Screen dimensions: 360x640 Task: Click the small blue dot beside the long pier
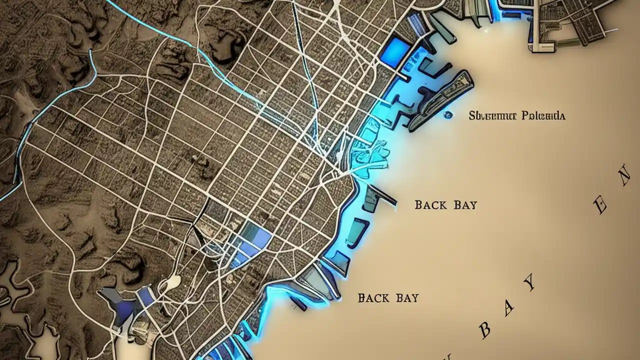[447, 114]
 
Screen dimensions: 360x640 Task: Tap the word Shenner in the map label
[492, 116]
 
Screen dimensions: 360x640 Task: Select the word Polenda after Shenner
[543, 116]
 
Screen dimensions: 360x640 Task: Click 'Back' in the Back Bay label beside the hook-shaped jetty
[429, 204]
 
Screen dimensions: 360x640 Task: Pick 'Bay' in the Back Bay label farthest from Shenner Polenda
[407, 298]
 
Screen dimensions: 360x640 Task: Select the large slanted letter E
[602, 204]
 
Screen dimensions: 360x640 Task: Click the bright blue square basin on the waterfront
[397, 50]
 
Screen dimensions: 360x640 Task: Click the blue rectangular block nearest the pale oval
[146, 296]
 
